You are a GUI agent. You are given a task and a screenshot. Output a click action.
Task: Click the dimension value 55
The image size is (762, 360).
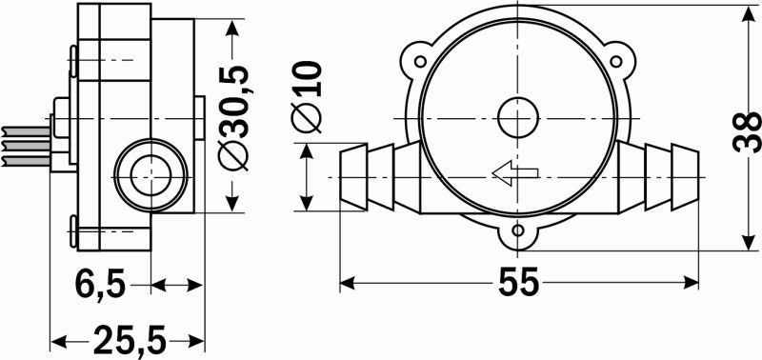click(x=518, y=281)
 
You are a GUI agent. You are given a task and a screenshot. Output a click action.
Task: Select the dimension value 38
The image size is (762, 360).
click(x=747, y=132)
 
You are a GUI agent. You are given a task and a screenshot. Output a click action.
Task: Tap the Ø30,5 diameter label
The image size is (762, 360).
click(x=235, y=117)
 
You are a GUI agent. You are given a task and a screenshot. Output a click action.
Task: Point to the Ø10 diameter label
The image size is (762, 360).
click(x=306, y=96)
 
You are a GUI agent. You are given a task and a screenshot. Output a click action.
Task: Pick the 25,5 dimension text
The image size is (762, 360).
click(x=130, y=340)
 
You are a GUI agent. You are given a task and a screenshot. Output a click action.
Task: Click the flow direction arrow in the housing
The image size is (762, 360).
click(x=515, y=172)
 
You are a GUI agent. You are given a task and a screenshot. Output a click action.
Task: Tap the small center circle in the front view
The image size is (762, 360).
click(x=518, y=118)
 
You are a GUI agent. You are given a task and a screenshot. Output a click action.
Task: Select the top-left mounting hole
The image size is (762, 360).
click(x=420, y=61)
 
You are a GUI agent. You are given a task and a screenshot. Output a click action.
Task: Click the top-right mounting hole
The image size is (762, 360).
click(x=615, y=61)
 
